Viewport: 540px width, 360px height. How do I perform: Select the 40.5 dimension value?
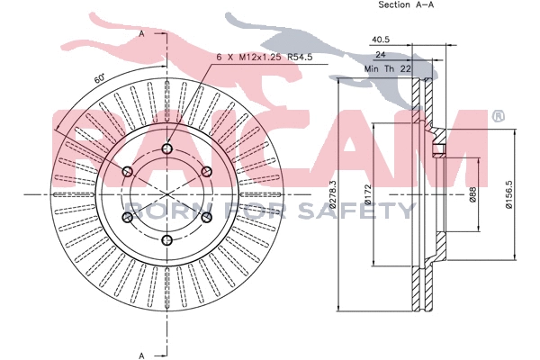click(380, 40)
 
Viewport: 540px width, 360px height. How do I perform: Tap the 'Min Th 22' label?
click(387, 68)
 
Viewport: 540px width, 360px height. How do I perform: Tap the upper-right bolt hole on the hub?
click(206, 171)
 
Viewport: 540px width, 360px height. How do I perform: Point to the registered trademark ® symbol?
click(497, 116)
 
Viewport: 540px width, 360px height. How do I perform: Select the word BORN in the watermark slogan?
click(160, 211)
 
